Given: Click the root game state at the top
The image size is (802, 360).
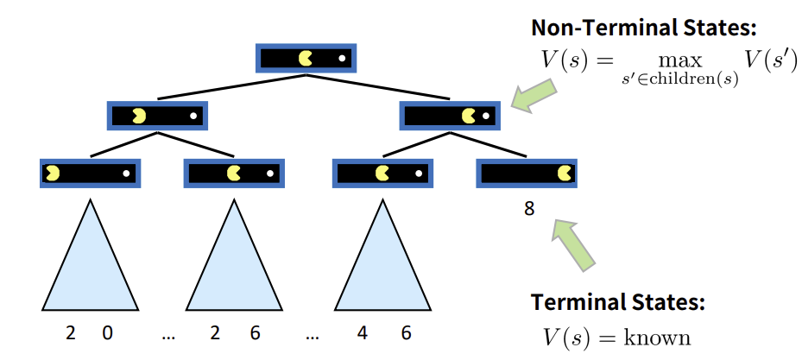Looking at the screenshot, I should click(306, 58).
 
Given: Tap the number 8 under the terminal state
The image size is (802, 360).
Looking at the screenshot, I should click(529, 208).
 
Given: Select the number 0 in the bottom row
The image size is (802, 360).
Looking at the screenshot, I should click(108, 332).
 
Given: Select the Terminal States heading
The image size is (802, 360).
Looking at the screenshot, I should click(618, 302).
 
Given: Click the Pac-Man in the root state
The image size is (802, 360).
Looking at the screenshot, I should click(306, 58).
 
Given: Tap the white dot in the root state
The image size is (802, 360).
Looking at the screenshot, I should click(342, 59).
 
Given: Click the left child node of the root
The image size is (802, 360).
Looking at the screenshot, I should click(158, 114).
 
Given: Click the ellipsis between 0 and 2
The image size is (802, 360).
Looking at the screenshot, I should click(168, 333).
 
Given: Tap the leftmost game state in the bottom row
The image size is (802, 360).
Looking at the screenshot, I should click(90, 173).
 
